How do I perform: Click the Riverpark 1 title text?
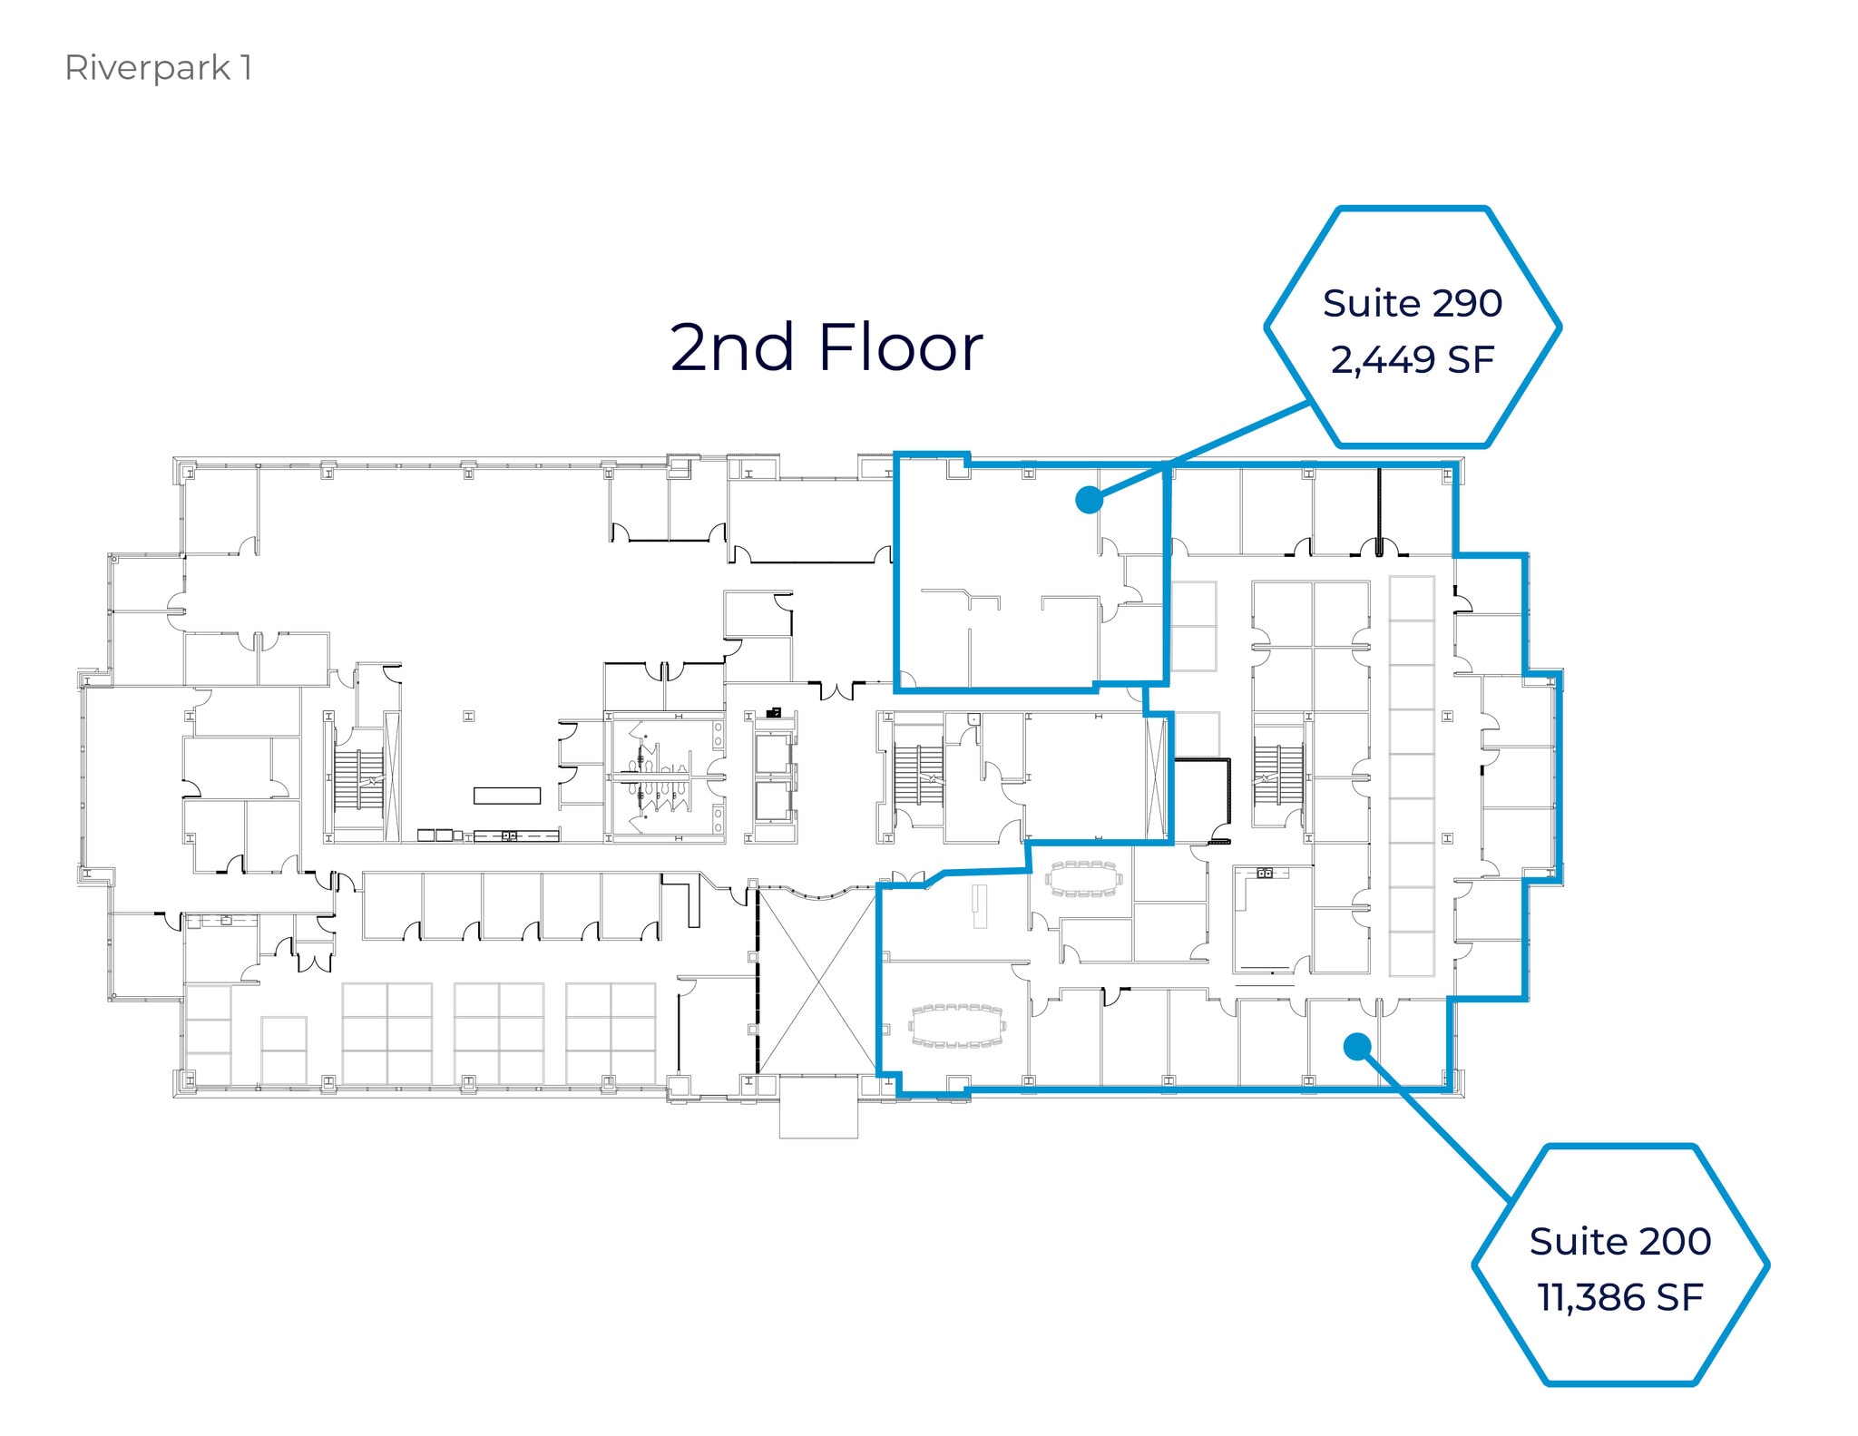158,68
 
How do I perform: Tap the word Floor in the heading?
899,348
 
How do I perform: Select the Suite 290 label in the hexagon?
1412,303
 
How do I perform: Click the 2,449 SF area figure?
1412,360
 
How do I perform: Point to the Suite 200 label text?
1619,1241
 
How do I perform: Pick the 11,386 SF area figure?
1619,1297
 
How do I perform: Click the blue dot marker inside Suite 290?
1088,500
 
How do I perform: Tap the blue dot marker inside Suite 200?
1355,1047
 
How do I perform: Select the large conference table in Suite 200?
958,1026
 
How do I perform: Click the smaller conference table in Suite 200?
1083,879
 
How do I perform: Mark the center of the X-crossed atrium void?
817,981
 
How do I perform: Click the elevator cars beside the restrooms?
773,777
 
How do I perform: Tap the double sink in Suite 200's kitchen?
1266,874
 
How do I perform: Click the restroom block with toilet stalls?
665,778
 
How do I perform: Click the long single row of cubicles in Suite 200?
1412,776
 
